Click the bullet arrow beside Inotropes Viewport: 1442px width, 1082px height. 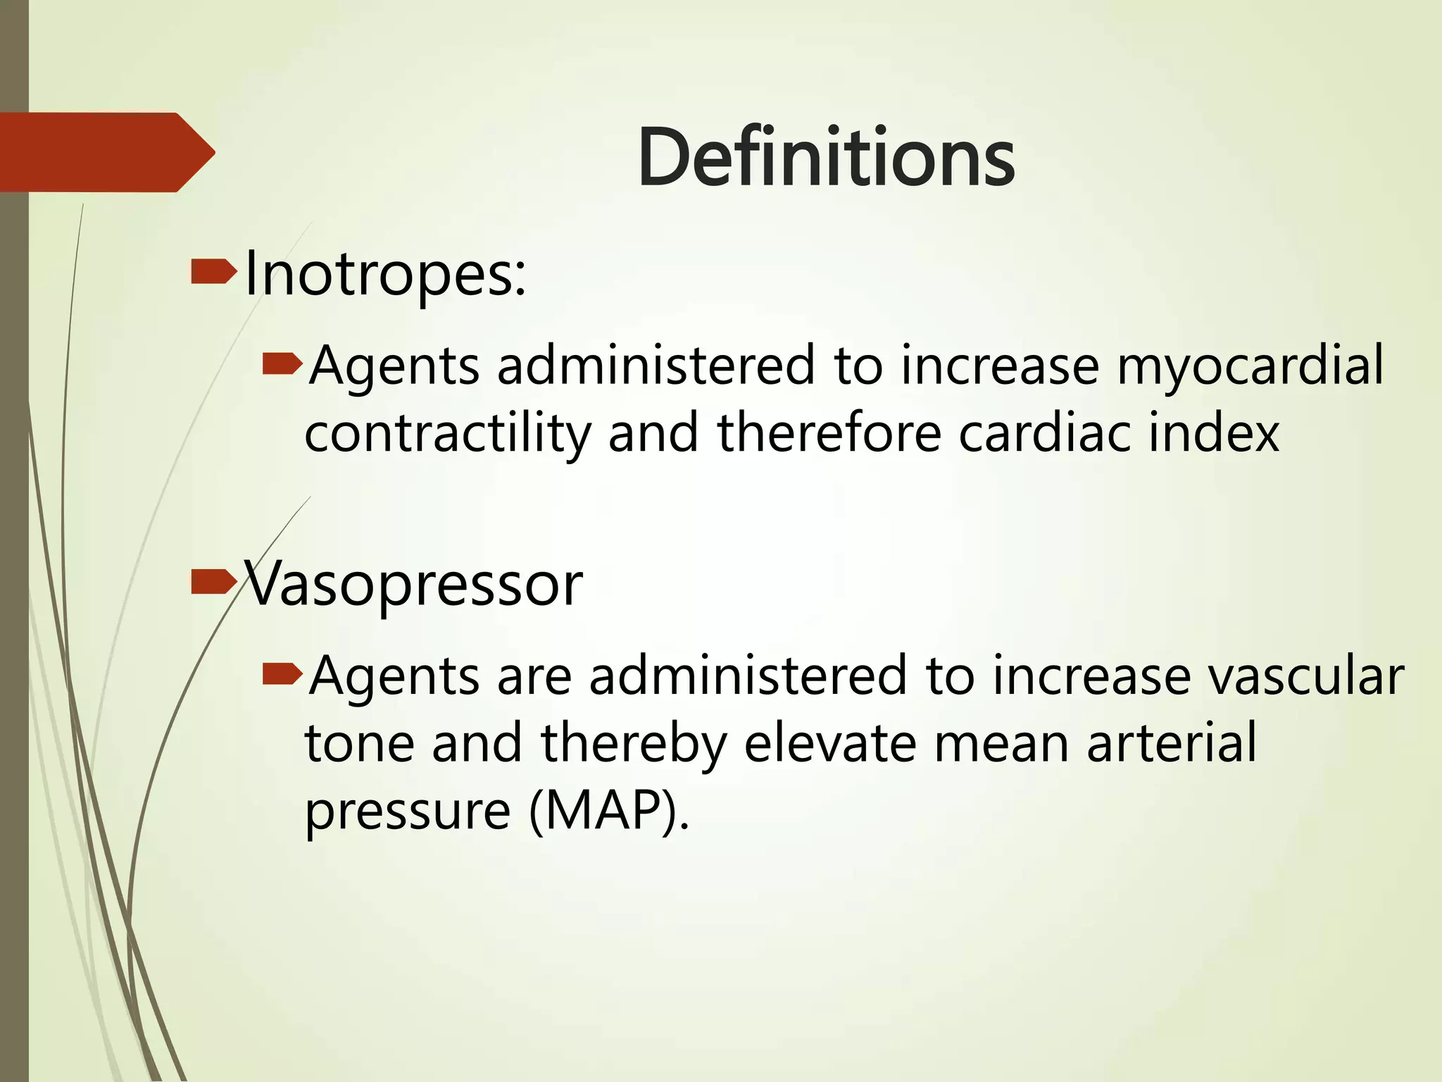[213, 273]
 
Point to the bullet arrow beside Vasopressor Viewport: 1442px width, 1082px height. [213, 582]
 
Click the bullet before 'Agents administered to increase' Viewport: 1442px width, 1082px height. [282, 364]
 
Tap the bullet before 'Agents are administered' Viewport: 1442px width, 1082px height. [282, 674]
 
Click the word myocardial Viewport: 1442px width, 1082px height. [1250, 366]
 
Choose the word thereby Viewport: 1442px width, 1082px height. [634, 744]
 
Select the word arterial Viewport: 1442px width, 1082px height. [1172, 744]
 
